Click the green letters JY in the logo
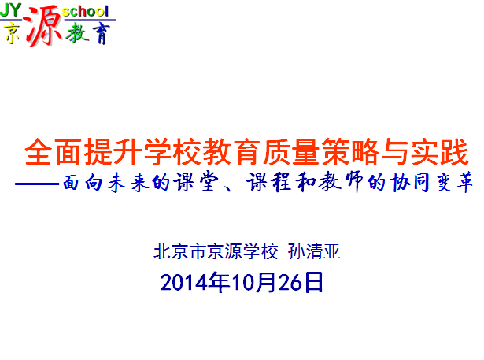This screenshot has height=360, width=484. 11,10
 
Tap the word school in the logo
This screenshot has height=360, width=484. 85,12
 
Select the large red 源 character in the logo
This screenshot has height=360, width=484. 42,26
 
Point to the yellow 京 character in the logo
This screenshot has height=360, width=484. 12,33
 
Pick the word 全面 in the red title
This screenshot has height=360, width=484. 54,152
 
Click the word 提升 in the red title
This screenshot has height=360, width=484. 113,152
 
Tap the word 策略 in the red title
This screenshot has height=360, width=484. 349,152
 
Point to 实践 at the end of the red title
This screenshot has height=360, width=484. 440,152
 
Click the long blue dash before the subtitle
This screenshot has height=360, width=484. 37,184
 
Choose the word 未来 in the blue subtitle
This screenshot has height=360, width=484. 128,182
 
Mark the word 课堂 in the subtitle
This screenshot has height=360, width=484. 196,182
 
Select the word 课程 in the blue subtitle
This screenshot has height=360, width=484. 269,182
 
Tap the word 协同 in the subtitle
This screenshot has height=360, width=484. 410,182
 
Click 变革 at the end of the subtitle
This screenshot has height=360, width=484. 454,182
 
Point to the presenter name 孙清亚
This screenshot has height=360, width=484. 314,251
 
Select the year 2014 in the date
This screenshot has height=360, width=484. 184,283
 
